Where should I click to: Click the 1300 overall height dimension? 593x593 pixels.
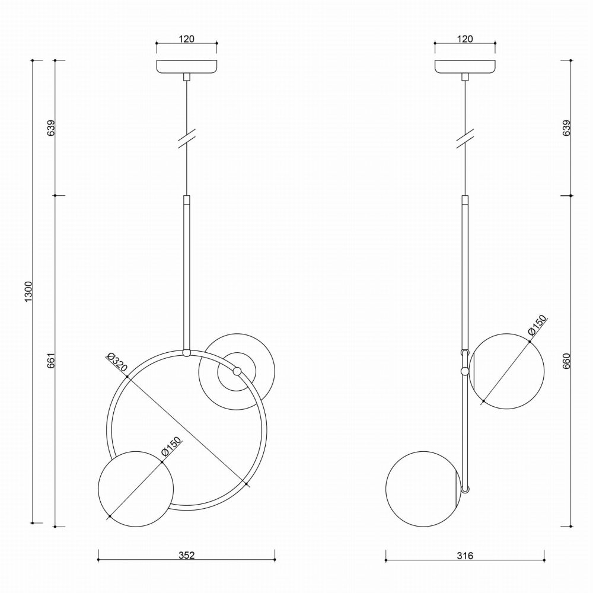click(x=28, y=291)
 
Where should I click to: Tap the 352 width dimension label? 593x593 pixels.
click(x=186, y=556)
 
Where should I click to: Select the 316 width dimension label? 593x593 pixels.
click(x=465, y=556)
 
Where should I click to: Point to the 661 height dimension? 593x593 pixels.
click(x=50, y=361)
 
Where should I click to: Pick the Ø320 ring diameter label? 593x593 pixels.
click(x=117, y=363)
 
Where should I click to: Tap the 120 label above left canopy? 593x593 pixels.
click(x=187, y=39)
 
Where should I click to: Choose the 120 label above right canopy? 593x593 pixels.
click(x=466, y=39)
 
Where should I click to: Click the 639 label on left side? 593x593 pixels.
click(x=50, y=129)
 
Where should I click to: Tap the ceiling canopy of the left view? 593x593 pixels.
click(x=187, y=66)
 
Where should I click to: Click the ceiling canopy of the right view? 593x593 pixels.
click(x=466, y=66)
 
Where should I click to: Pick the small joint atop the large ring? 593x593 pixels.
click(x=187, y=353)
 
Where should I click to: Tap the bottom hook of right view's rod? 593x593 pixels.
click(x=466, y=489)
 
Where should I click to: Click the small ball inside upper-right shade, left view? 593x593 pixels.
click(x=237, y=372)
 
